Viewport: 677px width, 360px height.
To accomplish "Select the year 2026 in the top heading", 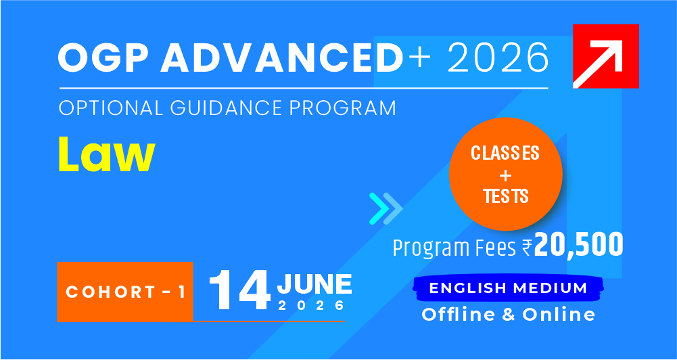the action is click(x=498, y=57).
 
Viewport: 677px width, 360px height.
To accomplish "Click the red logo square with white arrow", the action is click(x=606, y=56).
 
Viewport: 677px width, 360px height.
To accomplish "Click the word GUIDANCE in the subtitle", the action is click(x=227, y=108).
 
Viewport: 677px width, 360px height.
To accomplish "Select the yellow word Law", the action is click(x=107, y=155).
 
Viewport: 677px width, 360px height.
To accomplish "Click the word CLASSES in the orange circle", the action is click(x=505, y=153).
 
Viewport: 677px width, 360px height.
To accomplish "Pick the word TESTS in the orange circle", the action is click(x=506, y=196).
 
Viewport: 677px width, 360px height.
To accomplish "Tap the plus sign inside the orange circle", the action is click(x=506, y=175).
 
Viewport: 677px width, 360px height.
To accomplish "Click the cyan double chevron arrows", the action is click(x=386, y=208).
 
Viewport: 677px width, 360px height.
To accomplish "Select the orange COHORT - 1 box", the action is click(x=124, y=292).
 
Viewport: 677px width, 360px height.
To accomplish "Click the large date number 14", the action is click(x=241, y=290).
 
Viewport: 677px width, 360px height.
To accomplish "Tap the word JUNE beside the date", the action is click(x=314, y=284).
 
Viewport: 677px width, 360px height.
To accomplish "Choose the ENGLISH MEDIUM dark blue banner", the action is click(x=508, y=288).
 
